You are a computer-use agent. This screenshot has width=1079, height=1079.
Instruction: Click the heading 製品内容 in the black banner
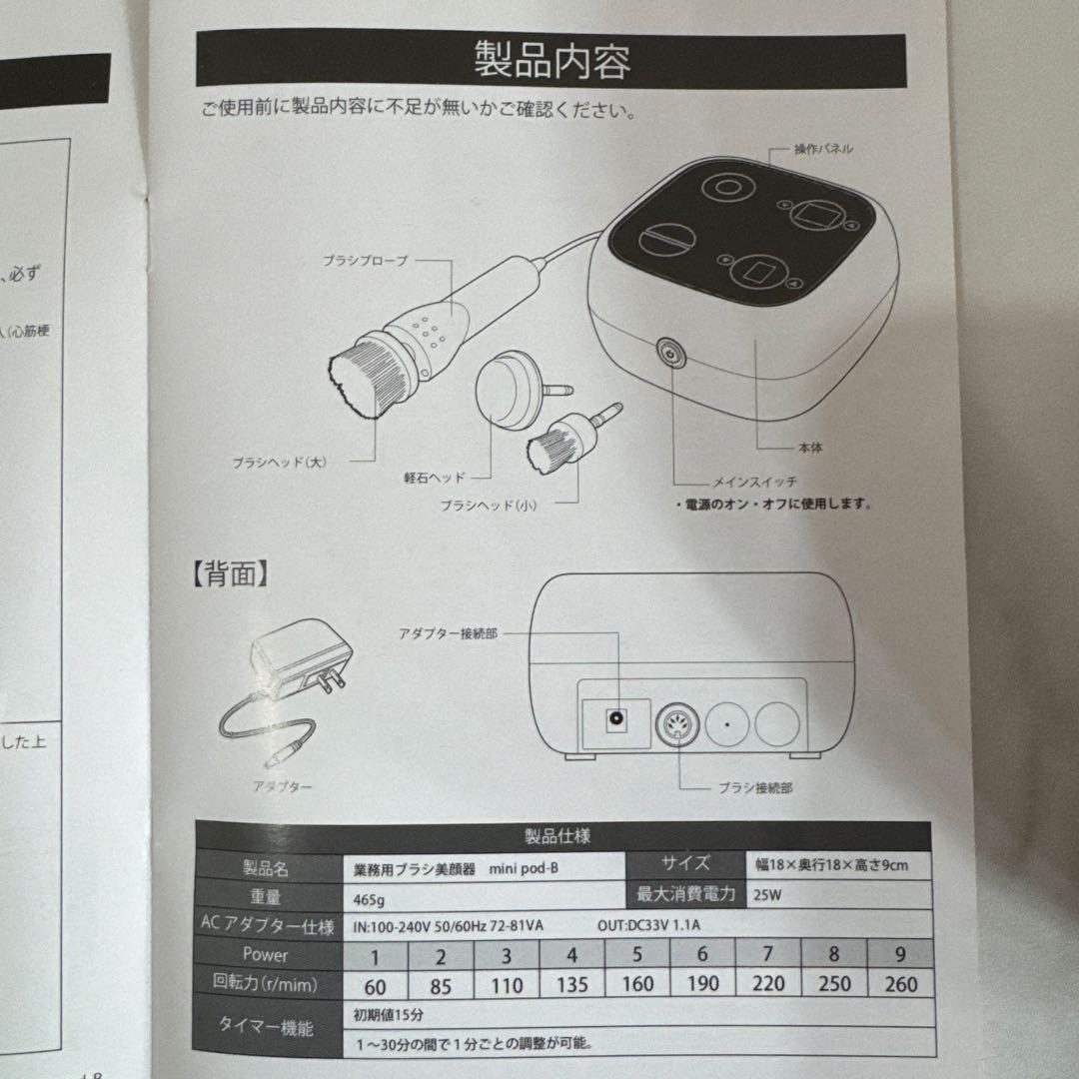tap(551, 62)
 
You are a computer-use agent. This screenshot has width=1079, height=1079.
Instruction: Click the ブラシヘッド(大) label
tap(280, 462)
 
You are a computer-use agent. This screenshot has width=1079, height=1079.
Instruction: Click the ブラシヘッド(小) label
tap(489, 506)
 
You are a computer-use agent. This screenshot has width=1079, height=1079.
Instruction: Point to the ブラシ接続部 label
tap(755, 787)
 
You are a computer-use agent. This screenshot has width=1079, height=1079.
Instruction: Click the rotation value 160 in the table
tap(636, 983)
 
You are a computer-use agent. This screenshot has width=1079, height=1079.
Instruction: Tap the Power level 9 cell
tap(899, 954)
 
